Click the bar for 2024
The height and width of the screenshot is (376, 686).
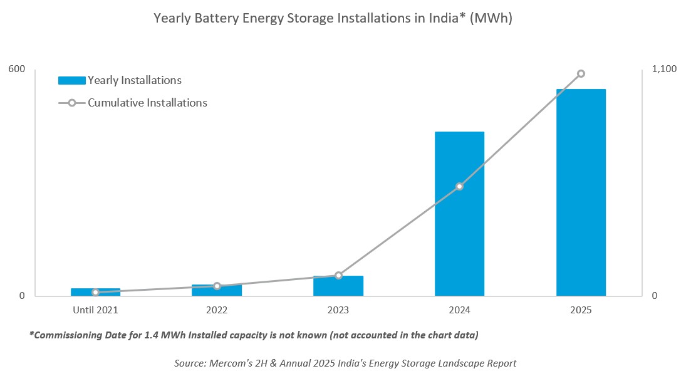coord(459,213)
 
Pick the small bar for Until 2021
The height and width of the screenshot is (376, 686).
coord(95,292)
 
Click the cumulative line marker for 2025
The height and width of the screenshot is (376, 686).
coord(581,74)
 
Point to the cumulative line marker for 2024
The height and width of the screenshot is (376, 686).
coord(459,186)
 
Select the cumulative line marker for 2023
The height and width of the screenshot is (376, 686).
coord(338,275)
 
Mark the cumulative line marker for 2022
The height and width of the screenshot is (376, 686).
coord(217,286)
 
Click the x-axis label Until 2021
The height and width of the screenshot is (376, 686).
coord(95,310)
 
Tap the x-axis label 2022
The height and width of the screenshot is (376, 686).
coord(217,310)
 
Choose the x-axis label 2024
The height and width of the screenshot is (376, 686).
coord(459,310)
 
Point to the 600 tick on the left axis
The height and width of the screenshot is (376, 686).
coord(17,68)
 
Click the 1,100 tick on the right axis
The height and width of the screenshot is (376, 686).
coord(664,68)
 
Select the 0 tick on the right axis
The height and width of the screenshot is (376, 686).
coord(655,296)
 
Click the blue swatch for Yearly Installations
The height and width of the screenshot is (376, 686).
coord(71,80)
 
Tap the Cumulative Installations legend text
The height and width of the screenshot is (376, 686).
coord(147,103)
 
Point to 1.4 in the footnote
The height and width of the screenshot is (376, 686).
coord(162,335)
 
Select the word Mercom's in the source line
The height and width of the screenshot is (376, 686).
coord(227,363)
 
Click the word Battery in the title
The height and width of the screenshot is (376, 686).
coord(209,19)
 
